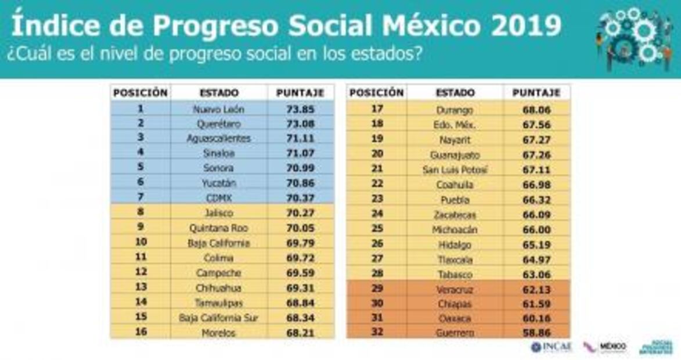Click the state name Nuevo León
point(219,109)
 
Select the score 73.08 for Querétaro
point(300,124)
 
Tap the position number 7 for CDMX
point(140,198)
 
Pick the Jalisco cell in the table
point(219,213)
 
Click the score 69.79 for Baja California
point(300,243)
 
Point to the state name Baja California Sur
point(219,318)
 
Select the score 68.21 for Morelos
point(300,333)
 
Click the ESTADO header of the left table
point(219,93)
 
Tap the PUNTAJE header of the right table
point(536,93)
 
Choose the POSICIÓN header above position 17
point(376,93)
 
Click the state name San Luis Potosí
point(455,170)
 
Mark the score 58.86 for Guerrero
point(536,333)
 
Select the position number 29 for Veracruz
point(376,289)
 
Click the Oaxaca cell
point(455,319)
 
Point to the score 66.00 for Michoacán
point(536,230)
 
